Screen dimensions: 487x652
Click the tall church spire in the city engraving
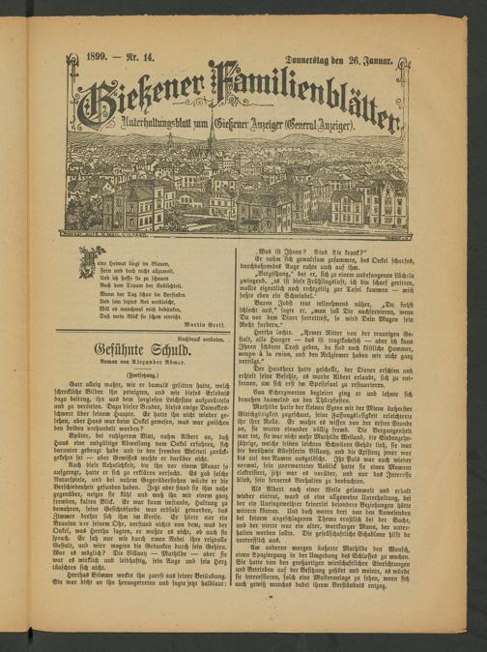click(x=211, y=145)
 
